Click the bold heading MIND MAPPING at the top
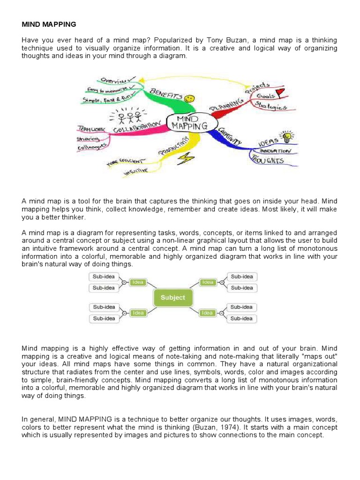[49, 24]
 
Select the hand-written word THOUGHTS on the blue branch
[269, 161]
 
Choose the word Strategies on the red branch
[272, 106]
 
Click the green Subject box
[173, 298]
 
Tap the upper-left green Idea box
[138, 283]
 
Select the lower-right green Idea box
[208, 313]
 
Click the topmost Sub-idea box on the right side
[242, 277]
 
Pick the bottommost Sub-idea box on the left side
[104, 319]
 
